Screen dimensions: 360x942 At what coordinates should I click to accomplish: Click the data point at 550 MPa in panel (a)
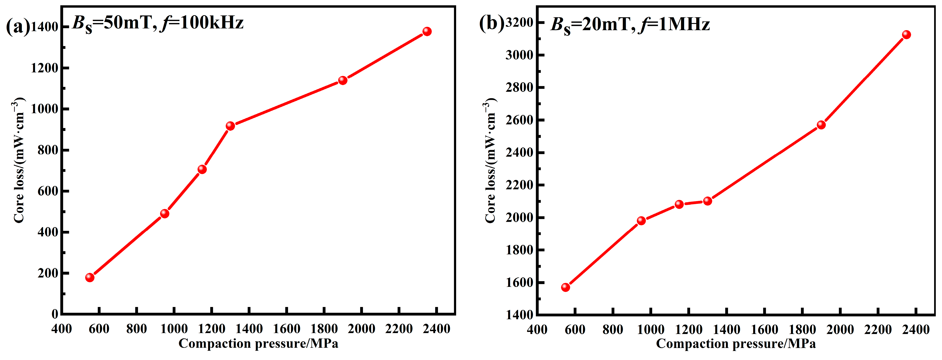pos(90,277)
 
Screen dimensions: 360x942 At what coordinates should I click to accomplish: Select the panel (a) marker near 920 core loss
pos(230,126)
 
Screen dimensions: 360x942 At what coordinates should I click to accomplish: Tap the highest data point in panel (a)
pos(427,31)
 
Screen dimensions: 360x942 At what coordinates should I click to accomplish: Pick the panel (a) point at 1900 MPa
pos(343,80)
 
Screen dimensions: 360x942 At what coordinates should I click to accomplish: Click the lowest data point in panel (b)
pos(566,287)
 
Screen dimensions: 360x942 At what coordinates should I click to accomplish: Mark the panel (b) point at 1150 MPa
pos(679,204)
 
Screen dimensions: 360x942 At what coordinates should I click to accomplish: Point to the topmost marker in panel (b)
pos(906,35)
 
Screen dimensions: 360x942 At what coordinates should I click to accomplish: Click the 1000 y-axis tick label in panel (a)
pos(44,109)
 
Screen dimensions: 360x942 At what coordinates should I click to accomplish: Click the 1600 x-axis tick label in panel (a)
pos(287,329)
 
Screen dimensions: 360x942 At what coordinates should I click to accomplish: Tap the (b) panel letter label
pos(491,24)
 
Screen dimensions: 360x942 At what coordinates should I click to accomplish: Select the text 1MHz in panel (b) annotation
pos(683,24)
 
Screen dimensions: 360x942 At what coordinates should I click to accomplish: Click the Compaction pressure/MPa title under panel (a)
pos(258,344)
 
